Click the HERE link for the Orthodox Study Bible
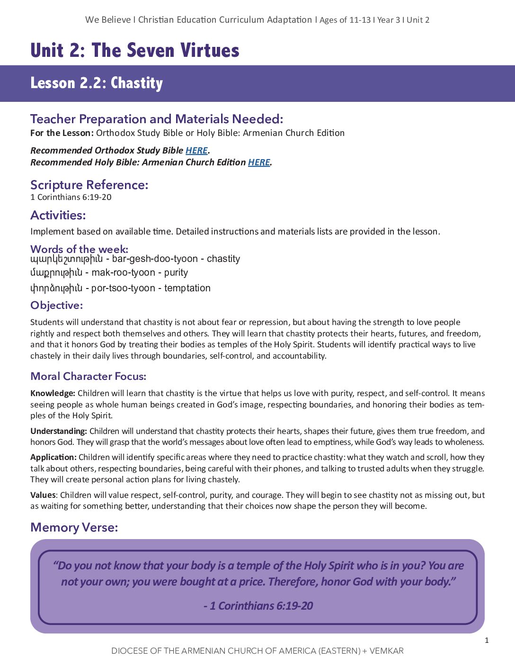[x=196, y=151]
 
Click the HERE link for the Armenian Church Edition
[x=259, y=162]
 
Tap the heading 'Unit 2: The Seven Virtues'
[x=135, y=50]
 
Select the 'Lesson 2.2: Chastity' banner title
[x=97, y=83]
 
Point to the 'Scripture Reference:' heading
[x=89, y=185]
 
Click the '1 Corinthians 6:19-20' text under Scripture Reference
[x=71, y=197]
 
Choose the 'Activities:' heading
[x=58, y=216]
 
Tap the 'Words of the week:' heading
[x=79, y=249]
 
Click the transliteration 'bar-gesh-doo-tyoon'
[x=155, y=259]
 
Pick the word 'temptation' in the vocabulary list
[x=187, y=288]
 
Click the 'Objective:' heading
[x=56, y=306]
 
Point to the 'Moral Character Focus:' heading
[x=88, y=377]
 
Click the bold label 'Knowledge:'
[x=53, y=393]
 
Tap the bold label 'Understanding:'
[x=59, y=431]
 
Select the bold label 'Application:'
[x=53, y=457]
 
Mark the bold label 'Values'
[x=43, y=495]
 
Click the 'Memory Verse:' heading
[x=74, y=528]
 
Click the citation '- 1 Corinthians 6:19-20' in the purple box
[x=258, y=606]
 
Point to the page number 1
[x=487, y=640]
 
